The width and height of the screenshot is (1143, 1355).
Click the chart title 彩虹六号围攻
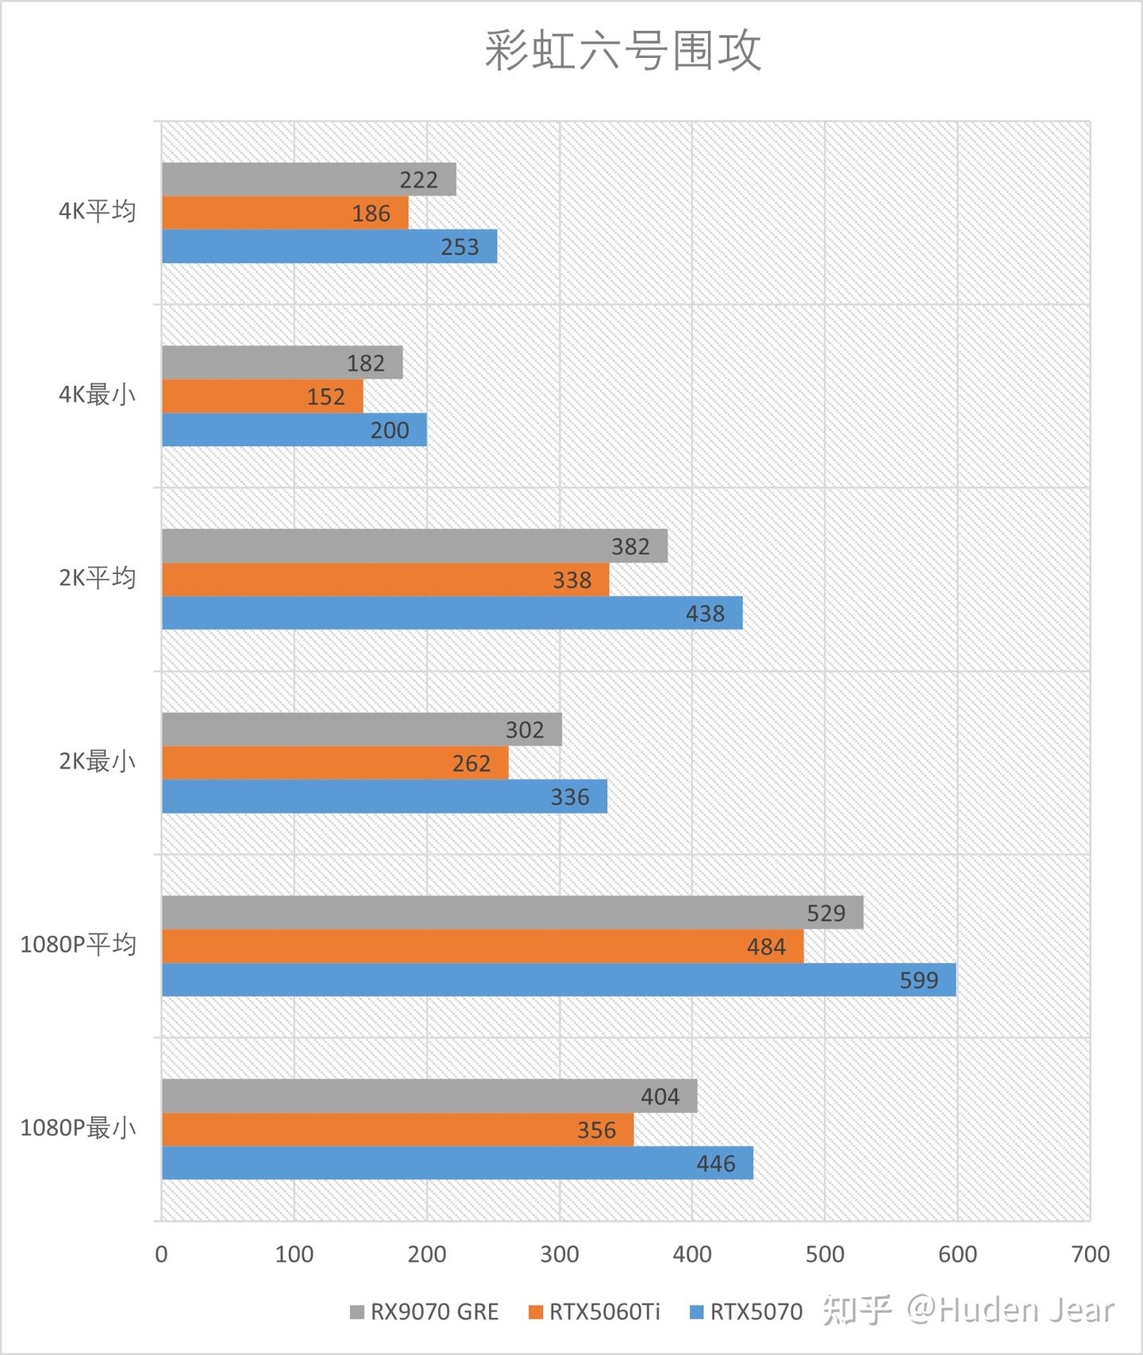(x=623, y=52)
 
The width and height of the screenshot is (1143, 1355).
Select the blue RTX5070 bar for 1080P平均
(x=559, y=980)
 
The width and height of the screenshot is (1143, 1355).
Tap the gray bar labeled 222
(x=309, y=179)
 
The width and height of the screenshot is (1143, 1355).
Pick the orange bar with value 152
(x=262, y=396)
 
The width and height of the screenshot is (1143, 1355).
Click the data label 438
(x=705, y=614)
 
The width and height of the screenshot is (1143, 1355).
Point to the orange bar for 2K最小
(x=335, y=763)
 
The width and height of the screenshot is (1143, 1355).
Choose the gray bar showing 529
(x=512, y=913)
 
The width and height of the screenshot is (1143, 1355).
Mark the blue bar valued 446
(x=457, y=1163)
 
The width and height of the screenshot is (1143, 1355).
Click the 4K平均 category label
(x=98, y=212)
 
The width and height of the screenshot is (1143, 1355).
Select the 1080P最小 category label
(x=78, y=1128)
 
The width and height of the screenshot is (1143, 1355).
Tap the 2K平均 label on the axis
(x=98, y=579)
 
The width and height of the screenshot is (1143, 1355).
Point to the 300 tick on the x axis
(x=559, y=1254)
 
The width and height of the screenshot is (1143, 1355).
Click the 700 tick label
(x=1090, y=1254)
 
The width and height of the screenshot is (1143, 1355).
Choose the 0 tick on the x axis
(x=162, y=1254)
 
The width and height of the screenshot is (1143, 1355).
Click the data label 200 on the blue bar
(x=390, y=430)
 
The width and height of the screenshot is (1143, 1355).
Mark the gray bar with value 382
(x=414, y=546)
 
